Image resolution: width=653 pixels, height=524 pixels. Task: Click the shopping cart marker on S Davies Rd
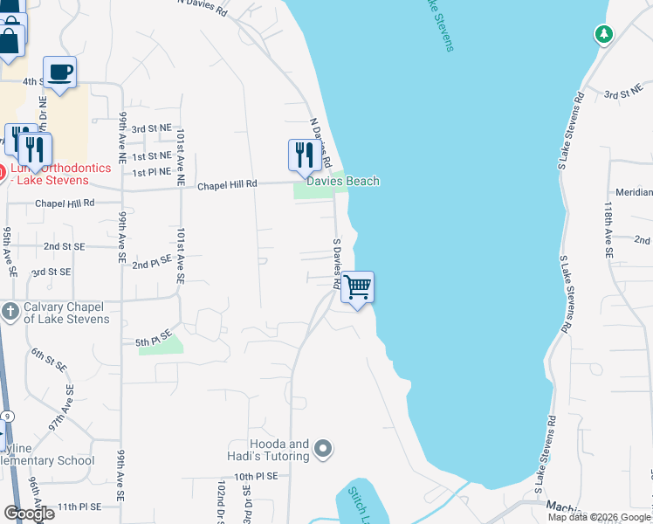tap(358, 287)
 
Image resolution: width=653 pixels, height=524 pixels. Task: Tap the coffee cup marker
tap(59, 72)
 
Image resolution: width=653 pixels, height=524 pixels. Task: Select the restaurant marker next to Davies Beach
tap(302, 155)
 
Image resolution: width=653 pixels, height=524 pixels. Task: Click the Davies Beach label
tap(342, 181)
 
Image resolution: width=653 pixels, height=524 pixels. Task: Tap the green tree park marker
tap(603, 35)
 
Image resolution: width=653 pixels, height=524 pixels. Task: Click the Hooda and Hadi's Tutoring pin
tap(323, 451)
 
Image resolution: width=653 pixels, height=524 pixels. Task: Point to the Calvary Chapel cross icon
tap(9, 312)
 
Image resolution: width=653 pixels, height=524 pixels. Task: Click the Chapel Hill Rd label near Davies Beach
tap(227, 185)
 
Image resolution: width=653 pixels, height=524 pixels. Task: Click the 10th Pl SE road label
tap(255, 477)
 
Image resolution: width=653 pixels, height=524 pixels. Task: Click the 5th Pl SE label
tap(154, 341)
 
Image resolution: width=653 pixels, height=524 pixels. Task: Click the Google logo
tap(29, 513)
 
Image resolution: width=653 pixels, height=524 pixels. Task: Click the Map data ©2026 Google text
tap(599, 517)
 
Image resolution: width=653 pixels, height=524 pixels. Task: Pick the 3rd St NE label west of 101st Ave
tap(151, 128)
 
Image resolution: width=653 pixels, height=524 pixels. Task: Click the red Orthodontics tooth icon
tap(3, 169)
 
